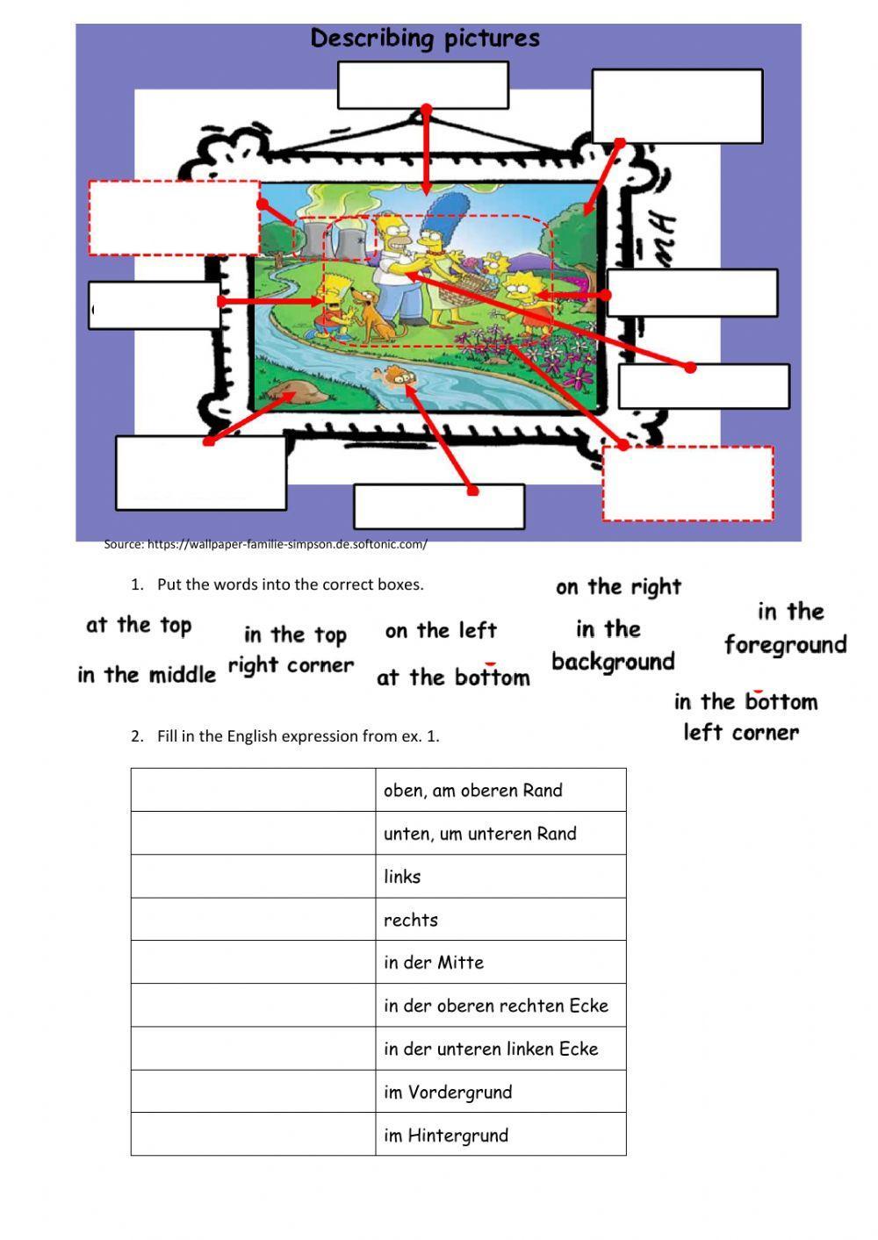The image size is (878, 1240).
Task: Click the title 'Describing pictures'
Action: click(x=425, y=39)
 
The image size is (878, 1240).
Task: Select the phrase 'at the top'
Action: click(x=139, y=626)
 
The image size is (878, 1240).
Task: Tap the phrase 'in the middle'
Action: click(x=147, y=675)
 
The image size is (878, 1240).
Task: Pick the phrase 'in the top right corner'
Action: click(x=291, y=650)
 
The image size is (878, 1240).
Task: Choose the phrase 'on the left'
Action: click(x=441, y=631)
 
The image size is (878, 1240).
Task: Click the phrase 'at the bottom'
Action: click(x=453, y=677)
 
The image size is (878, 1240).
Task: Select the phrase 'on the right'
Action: click(x=618, y=587)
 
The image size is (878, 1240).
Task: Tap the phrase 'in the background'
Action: click(x=613, y=645)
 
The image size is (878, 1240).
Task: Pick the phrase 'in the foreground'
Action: click(x=786, y=628)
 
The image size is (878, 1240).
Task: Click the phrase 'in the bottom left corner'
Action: click(x=745, y=717)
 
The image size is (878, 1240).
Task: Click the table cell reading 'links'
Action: click(x=500, y=877)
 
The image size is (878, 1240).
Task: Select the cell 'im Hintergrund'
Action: click(x=500, y=1135)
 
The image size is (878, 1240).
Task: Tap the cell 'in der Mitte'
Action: click(x=500, y=963)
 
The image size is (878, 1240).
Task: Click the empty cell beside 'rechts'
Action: click(x=253, y=920)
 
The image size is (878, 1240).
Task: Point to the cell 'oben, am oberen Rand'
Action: click(x=500, y=790)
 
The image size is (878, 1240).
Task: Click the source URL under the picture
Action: click(x=265, y=544)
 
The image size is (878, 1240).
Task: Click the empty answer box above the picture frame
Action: click(x=422, y=85)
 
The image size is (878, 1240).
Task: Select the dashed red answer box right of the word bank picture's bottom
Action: click(x=687, y=484)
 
